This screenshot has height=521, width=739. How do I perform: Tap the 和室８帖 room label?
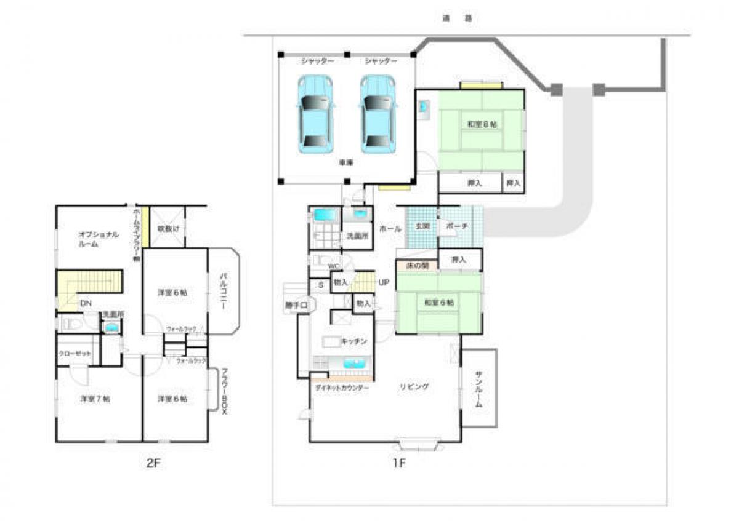pos(482,124)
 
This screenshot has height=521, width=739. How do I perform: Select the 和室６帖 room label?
pos(438,303)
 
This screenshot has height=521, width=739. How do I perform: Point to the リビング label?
pos(414,387)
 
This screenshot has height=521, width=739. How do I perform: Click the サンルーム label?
pos(479,390)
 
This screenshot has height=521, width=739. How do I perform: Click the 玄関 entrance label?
pos(422,226)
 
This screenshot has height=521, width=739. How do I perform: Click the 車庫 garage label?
pos(346,163)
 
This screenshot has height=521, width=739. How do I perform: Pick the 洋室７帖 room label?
pos(95,399)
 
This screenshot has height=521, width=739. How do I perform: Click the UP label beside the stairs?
pos(384,282)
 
